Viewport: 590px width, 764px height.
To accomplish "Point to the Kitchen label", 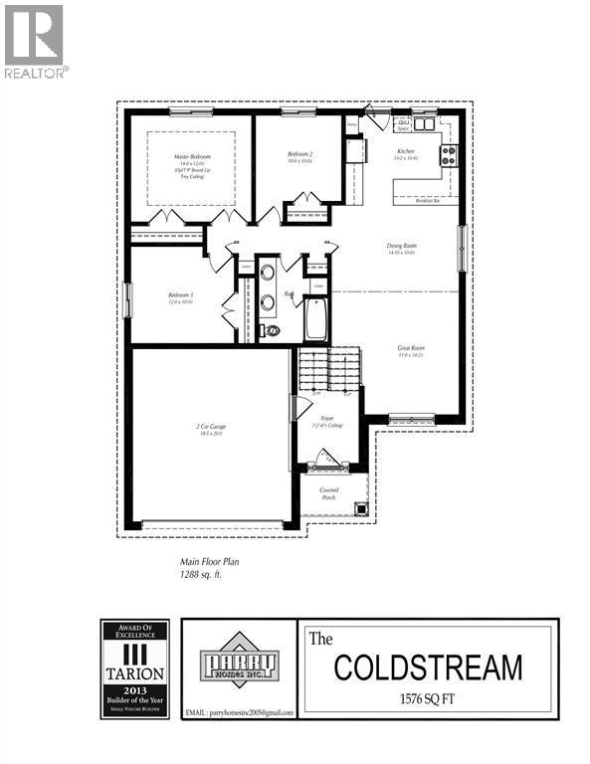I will pyautogui.click(x=405, y=150).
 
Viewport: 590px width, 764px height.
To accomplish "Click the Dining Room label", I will pyautogui.click(x=401, y=246).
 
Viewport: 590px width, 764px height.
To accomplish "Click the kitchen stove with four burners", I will pyautogui.click(x=448, y=155).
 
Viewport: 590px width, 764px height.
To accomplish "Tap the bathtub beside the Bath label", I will pyautogui.click(x=316, y=319).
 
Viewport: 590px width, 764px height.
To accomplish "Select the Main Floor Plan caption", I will pyautogui.click(x=209, y=561).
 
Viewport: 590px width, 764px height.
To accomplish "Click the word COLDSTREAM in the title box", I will pyautogui.click(x=428, y=668).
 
